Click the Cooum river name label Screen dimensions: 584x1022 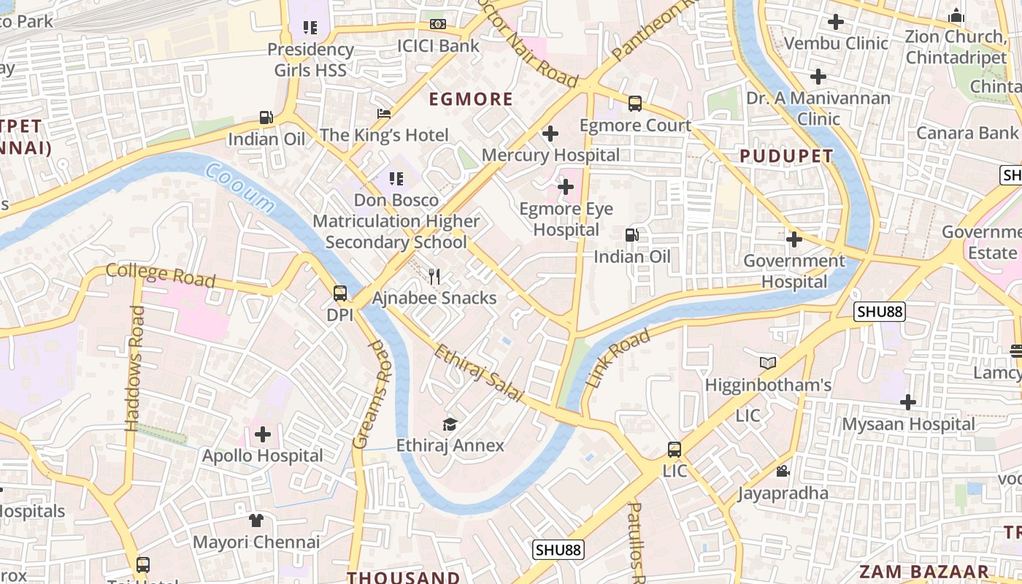pyautogui.click(x=240, y=189)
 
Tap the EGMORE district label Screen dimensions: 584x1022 pyautogui.click(x=471, y=99)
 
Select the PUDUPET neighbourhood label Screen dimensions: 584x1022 pyautogui.click(x=786, y=156)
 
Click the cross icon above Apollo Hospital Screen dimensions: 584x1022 pyautogui.click(x=263, y=435)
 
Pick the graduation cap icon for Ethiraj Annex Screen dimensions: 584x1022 pyautogui.click(x=450, y=425)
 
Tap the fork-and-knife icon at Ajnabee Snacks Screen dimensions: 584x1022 pyautogui.click(x=434, y=277)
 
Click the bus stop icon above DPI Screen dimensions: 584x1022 pyautogui.click(x=340, y=294)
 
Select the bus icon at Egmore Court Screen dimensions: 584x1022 pyautogui.click(x=635, y=104)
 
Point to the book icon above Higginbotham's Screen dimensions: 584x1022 pyautogui.click(x=768, y=363)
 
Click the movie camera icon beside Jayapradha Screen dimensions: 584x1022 pyautogui.click(x=783, y=472)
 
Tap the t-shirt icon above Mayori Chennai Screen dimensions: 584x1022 pyautogui.click(x=255, y=520)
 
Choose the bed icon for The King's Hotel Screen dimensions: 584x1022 pyautogui.click(x=384, y=114)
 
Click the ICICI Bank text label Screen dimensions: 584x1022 pyautogui.click(x=438, y=46)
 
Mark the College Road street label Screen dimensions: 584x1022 pyautogui.click(x=161, y=275)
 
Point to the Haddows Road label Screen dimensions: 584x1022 pyautogui.click(x=135, y=368)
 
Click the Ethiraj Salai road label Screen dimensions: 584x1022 pyautogui.click(x=479, y=374)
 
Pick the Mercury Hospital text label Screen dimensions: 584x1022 pyautogui.click(x=550, y=155)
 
